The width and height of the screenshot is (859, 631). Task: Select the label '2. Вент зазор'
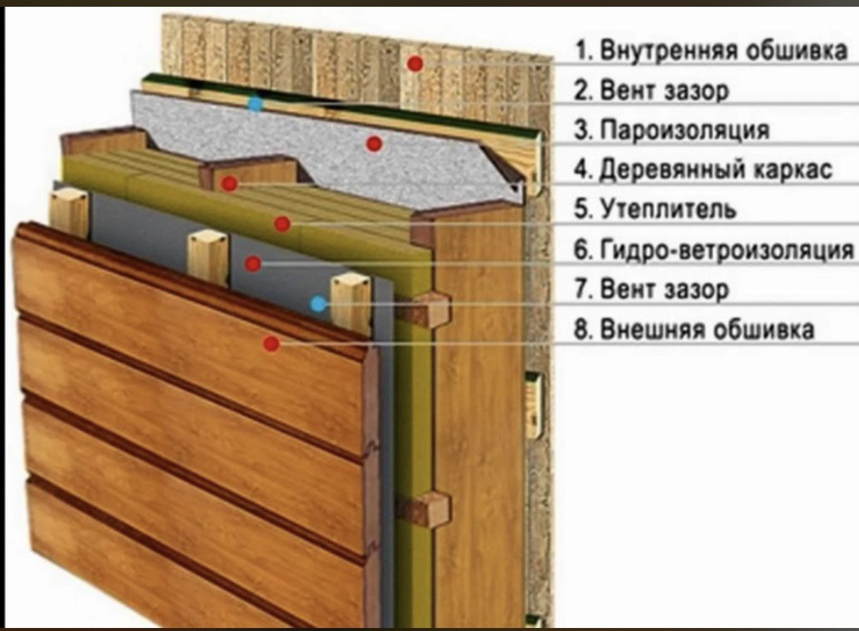[652, 91]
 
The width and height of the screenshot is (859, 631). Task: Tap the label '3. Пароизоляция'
[672, 130]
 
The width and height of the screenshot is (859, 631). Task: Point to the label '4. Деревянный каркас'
[703, 170]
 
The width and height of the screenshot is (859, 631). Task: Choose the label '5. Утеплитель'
[655, 209]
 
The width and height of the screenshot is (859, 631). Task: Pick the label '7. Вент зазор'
[652, 289]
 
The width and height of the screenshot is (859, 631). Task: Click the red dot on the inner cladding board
[414, 65]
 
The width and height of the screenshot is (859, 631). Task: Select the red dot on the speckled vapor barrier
[374, 143]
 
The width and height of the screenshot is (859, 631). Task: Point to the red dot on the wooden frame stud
[229, 183]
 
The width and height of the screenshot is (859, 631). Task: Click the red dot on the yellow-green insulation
[282, 223]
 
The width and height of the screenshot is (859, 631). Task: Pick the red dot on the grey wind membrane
[253, 263]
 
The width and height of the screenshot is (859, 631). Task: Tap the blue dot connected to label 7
[318, 304]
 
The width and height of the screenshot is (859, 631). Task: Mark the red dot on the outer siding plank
[272, 344]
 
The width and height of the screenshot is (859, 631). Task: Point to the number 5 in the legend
[581, 209]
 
